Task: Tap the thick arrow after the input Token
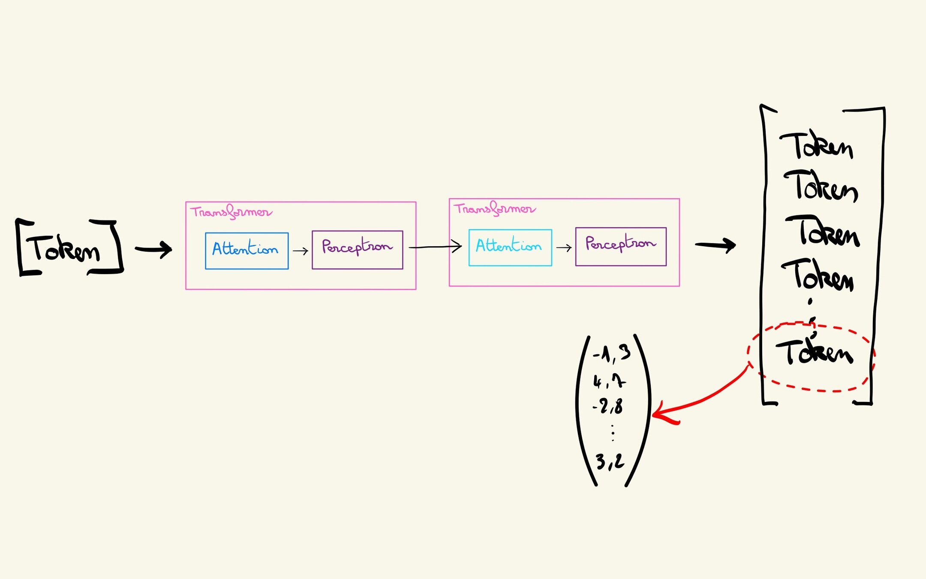[153, 249]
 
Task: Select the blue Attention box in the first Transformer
[247, 251]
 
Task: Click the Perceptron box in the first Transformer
[357, 250]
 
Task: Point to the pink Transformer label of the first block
[231, 212]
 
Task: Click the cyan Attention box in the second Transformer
[510, 247]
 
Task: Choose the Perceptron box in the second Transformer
[620, 247]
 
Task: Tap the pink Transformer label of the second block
[494, 209]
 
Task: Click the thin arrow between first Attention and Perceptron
[300, 251]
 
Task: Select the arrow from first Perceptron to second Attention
[435, 247]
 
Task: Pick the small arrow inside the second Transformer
[564, 247]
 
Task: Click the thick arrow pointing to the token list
[715, 245]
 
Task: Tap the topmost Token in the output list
[816, 146]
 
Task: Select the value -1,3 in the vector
[612, 354]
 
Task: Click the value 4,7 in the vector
[609, 381]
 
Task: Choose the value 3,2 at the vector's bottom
[610, 461]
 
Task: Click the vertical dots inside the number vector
[613, 433]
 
